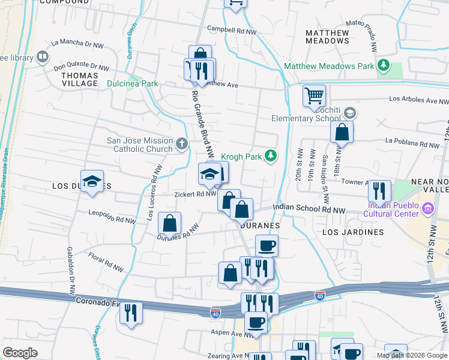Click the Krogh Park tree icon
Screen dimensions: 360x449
pos(271,157)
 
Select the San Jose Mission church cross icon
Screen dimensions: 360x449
pos(182,145)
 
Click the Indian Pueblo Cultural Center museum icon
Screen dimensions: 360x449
pos(428,209)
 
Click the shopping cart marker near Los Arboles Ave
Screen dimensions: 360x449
pos(314,95)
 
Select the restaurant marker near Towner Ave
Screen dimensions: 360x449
pos(379,191)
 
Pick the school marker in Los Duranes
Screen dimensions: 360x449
pos(92,181)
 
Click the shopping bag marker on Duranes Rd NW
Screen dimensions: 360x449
pos(170,223)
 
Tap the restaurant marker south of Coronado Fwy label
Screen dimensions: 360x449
pos(131,313)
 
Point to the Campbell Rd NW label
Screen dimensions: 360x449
pos(232,29)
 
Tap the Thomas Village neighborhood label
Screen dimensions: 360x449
pos(79,79)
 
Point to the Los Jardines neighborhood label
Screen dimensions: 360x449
pos(353,232)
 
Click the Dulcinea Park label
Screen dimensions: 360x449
pos(133,83)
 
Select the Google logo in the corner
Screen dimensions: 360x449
pos(20,353)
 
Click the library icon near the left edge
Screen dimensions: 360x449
pos(43,58)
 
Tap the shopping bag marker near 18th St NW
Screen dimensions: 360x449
pos(341,132)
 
